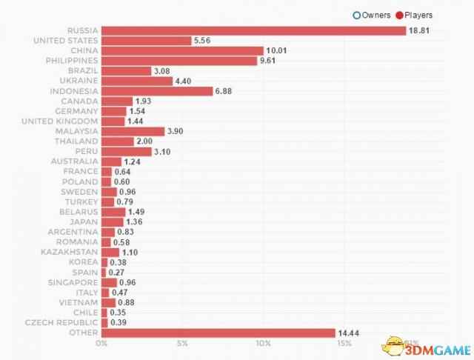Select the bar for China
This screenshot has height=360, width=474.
point(182,50)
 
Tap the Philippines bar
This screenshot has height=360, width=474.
point(178,61)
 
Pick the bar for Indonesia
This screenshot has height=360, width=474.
point(156,90)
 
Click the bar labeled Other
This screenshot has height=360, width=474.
point(218,333)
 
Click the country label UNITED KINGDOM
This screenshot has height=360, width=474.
point(59,121)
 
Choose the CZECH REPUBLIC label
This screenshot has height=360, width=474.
point(61,323)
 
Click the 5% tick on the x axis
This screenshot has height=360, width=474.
point(182,344)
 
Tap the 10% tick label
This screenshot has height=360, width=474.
point(263,344)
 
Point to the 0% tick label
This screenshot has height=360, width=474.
point(102,344)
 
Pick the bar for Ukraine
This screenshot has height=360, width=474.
point(137,81)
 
